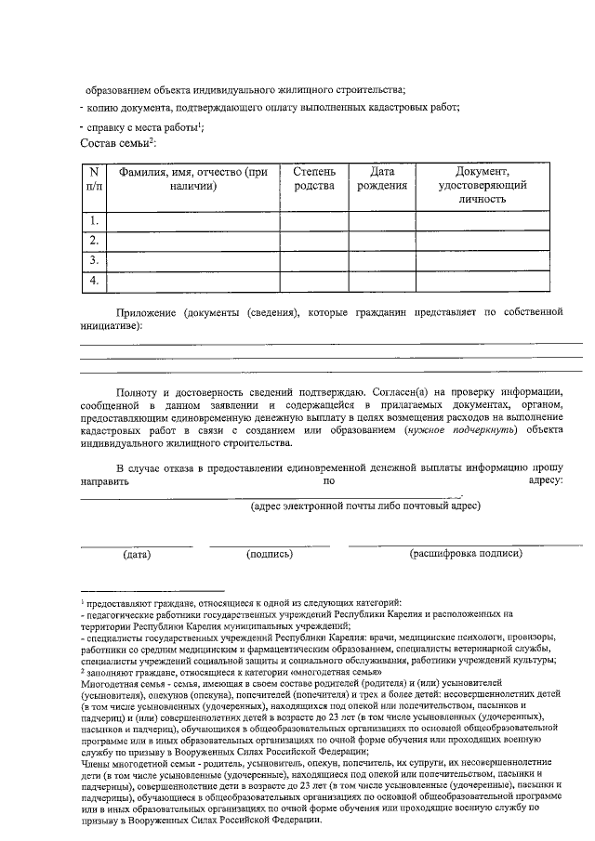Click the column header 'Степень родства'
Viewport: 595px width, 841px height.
(x=315, y=178)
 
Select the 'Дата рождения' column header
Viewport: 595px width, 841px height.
(x=382, y=178)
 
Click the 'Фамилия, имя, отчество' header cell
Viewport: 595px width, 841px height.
(x=193, y=178)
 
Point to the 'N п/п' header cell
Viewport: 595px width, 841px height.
(x=94, y=178)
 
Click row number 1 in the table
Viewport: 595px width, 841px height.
(x=94, y=221)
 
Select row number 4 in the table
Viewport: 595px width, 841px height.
(x=94, y=281)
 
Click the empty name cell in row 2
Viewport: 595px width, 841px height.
(x=193, y=241)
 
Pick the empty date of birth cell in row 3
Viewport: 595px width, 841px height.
(x=382, y=261)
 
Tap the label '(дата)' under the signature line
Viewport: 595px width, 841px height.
(x=137, y=555)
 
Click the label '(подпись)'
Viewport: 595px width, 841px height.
(x=269, y=554)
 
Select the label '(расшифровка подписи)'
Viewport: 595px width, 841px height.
(x=466, y=554)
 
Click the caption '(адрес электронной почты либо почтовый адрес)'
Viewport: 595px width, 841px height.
(x=365, y=506)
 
